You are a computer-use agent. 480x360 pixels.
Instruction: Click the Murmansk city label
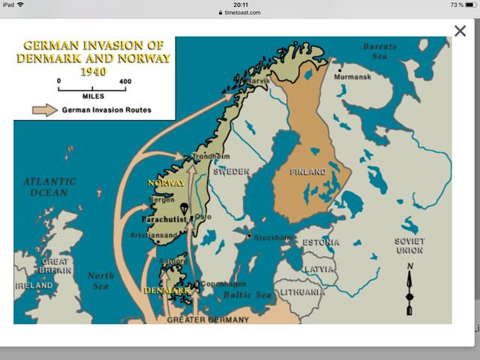(x=352, y=76)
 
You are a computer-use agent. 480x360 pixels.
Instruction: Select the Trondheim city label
(x=210, y=157)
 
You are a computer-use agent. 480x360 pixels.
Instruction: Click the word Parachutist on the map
(x=163, y=220)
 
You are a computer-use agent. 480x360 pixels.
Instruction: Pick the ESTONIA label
(x=321, y=243)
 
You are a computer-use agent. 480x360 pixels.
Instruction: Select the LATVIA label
(x=318, y=268)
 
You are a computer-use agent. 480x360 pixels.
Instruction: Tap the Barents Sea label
(x=379, y=51)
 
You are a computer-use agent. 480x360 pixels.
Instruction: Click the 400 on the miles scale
(x=125, y=81)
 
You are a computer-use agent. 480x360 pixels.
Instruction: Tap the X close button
(x=460, y=31)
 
